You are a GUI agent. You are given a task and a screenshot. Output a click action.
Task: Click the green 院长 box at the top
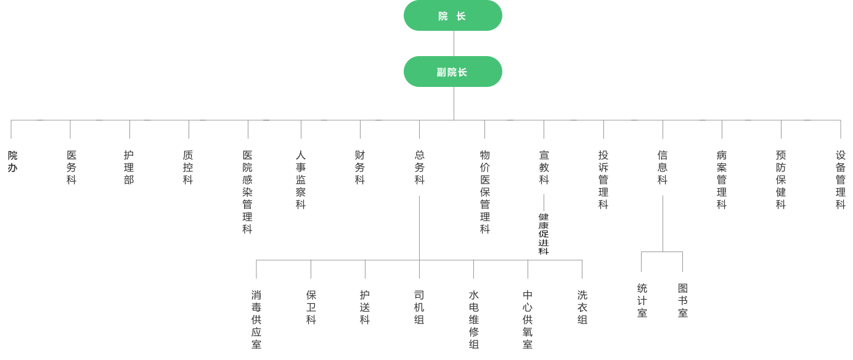pos(453,15)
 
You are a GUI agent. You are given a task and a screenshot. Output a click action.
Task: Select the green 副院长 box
pos(453,72)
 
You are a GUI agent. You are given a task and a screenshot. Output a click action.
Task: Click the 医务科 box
pos(71,167)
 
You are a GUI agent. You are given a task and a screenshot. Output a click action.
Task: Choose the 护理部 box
pos(129,167)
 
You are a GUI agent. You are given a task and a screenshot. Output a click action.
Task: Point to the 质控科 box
pos(188,167)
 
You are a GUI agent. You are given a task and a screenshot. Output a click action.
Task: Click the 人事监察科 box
pos(301,179)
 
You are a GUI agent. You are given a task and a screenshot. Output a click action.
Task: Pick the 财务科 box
pos(360,167)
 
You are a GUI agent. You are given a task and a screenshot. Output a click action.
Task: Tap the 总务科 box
pos(419,167)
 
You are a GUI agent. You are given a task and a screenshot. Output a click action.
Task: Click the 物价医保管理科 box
pos(485,191)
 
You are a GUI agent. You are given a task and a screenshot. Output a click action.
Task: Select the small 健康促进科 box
pos(544,234)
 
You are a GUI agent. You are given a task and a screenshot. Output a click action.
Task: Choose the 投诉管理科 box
pos(603,179)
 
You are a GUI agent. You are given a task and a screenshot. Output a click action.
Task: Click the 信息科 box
pos(663,167)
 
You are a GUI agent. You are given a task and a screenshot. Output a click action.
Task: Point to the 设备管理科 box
pos(841,179)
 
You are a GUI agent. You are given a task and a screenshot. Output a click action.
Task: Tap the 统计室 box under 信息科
pos(642,302)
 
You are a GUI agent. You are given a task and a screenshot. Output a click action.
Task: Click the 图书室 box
pos(682,302)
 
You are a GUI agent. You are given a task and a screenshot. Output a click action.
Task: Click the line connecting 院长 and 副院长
pos(454,43)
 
